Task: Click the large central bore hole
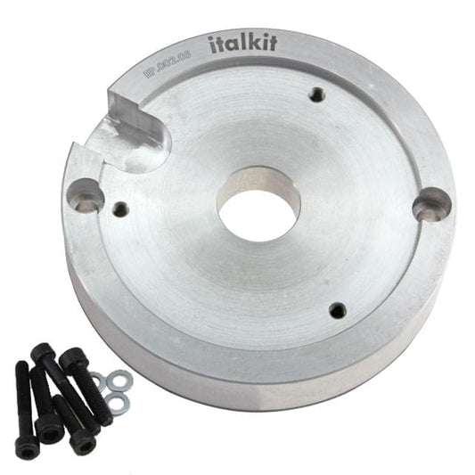(x=259, y=203)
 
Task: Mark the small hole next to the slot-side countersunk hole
(x=120, y=210)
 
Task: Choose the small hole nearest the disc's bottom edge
(x=337, y=310)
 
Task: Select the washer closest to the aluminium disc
(x=114, y=382)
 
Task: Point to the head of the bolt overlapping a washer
(x=71, y=359)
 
